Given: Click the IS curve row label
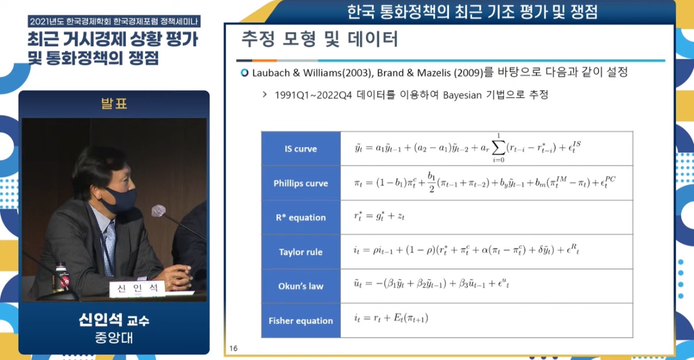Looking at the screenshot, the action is point(301,149).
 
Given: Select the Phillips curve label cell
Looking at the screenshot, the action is point(301,183).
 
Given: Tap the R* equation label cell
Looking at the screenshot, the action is point(301,218).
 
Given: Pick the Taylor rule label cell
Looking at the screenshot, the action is point(301,252).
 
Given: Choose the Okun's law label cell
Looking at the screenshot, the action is point(301,286).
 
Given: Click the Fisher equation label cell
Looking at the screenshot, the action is point(301,321).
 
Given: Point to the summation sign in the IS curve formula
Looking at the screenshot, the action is point(498,148).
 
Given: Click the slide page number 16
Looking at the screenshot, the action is point(233,349).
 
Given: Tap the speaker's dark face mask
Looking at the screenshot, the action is point(119,198).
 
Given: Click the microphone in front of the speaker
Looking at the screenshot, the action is point(159,211).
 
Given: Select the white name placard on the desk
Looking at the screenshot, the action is point(137,289).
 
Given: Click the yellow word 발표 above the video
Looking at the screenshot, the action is point(114,104).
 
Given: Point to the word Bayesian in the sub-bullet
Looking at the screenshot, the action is point(462,95).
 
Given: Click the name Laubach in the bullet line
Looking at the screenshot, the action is point(271,72).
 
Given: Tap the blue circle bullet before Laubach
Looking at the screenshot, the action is point(244,72).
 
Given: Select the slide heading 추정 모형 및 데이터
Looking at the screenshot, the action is point(320,39).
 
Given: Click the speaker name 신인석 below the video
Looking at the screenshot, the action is point(100,319).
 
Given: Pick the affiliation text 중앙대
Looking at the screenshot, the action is point(114,338).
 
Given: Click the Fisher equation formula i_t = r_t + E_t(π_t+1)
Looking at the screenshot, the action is point(391,318).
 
